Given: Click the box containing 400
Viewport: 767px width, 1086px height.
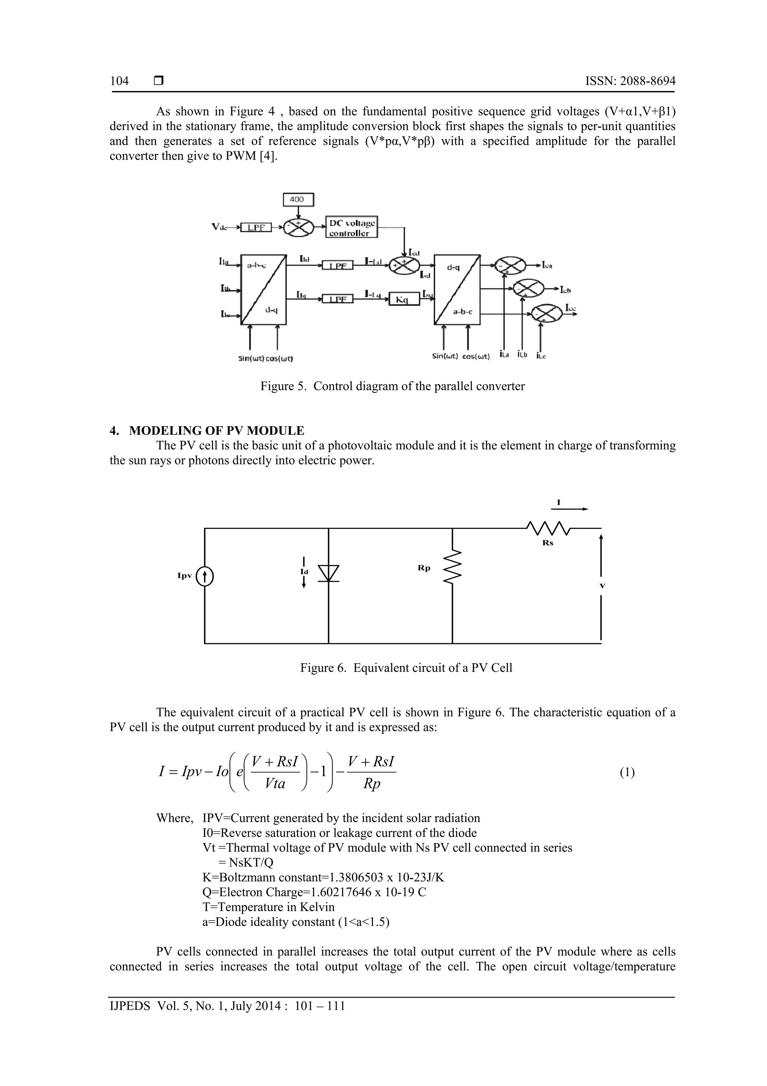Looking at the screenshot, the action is pos(298,199).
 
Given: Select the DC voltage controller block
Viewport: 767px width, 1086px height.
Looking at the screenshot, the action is pos(352,228).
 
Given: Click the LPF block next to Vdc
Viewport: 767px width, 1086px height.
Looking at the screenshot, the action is pos(256,228).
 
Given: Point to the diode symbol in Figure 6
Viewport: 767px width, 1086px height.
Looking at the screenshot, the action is pos(328,573).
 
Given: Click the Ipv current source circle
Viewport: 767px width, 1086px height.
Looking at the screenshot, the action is pos(204,577).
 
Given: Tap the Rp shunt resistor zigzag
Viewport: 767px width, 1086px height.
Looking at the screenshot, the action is pos(452,567).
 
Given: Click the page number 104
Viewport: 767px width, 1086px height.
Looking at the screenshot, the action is pos(119,81).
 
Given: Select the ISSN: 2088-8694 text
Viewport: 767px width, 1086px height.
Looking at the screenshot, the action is pos(630,81).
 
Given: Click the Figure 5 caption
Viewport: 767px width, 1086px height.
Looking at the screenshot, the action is pos(392,386).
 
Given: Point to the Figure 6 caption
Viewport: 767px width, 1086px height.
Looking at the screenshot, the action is pos(406,668).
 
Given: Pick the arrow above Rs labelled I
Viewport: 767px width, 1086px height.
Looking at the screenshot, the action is pos(570,509).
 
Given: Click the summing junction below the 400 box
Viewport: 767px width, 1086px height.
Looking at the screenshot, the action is pos(298,228).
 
